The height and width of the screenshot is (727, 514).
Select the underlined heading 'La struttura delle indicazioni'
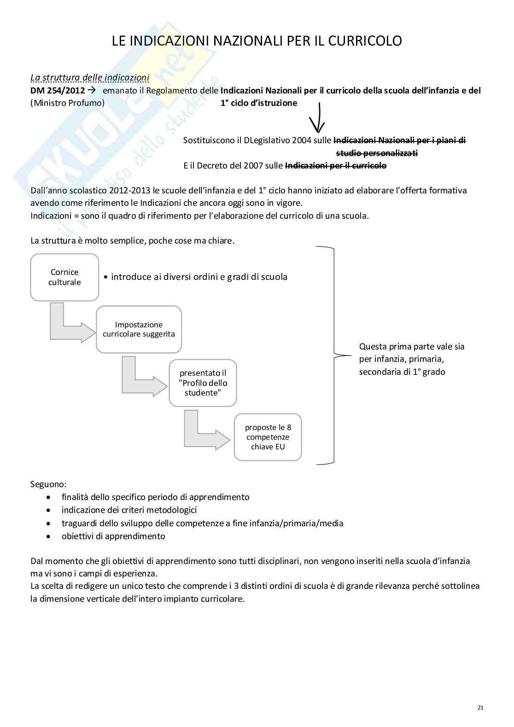[90, 77]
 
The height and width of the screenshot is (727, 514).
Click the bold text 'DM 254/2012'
[58, 91]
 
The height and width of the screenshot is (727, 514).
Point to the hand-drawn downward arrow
[317, 117]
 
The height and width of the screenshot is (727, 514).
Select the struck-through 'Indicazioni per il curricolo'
[336, 166]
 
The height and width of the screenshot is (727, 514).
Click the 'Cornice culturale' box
[64, 277]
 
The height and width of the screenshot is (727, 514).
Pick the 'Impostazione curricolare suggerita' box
[139, 329]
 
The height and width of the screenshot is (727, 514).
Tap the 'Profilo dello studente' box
[203, 383]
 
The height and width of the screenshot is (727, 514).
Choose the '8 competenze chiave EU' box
[268, 437]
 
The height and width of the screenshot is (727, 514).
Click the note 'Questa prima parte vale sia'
[412, 347]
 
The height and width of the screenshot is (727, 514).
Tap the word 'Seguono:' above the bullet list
[48, 484]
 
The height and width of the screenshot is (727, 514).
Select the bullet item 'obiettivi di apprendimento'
[113, 536]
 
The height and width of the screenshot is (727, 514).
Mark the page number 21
[480, 708]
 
